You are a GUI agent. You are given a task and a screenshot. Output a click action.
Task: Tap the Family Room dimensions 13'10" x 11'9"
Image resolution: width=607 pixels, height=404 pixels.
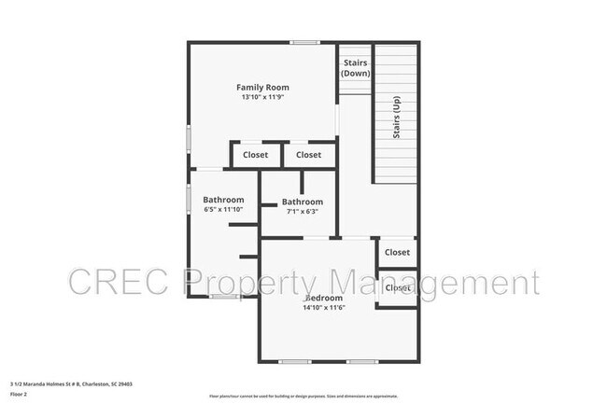262,97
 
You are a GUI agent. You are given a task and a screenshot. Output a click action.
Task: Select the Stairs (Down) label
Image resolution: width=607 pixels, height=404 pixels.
355,68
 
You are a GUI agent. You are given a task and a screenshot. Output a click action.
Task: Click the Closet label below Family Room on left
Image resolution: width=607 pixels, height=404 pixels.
255,155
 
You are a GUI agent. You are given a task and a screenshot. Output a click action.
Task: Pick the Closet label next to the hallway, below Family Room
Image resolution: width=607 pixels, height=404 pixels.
308,155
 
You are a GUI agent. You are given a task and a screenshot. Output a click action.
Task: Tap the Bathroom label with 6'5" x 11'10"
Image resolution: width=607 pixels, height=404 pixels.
224,200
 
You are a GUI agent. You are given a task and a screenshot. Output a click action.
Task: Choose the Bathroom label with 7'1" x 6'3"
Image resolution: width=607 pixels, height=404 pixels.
303,202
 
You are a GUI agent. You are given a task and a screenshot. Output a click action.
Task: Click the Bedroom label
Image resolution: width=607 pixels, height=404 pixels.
324,298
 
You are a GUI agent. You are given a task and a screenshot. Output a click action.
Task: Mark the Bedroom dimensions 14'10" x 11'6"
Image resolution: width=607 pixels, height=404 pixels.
324,307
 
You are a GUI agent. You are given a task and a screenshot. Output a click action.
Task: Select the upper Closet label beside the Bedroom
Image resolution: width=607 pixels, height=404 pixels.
397,252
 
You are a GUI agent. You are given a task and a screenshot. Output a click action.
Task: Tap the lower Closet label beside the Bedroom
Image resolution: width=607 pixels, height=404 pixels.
398,287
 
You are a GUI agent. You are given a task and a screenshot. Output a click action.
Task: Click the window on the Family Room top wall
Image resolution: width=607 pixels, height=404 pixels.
303,42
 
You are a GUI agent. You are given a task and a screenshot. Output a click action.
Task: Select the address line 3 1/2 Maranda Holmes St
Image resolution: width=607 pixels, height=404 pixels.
71,383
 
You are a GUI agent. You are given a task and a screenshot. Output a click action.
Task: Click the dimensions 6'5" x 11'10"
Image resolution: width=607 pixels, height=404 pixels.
224,209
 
